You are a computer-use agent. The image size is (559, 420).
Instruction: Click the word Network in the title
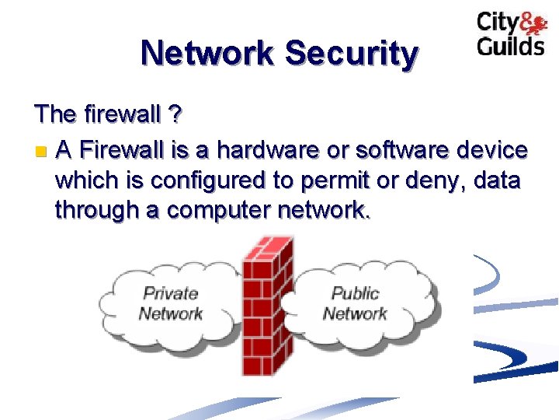[207, 54]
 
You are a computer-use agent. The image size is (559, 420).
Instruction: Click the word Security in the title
[352, 54]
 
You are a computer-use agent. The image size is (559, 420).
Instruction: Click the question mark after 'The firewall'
[175, 115]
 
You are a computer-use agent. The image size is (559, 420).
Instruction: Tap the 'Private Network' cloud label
[170, 304]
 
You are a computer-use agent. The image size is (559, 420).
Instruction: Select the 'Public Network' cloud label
[355, 304]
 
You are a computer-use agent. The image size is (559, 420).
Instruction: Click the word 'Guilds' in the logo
[510, 45]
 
